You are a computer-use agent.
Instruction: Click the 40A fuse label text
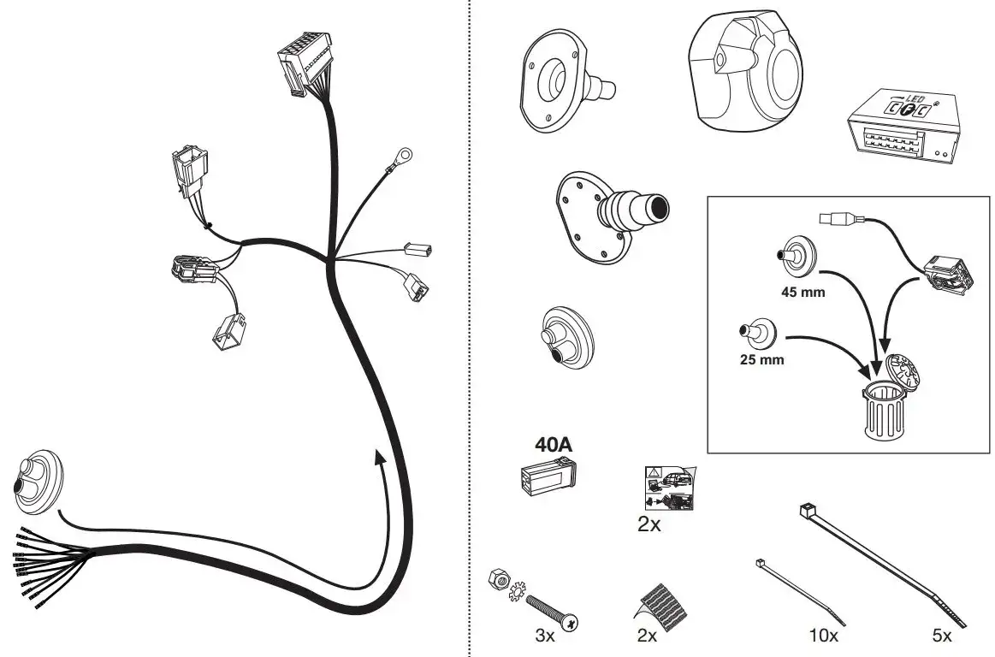coord(554,444)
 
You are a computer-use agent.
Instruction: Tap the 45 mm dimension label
coord(803,293)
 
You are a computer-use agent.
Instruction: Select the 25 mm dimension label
coord(761,360)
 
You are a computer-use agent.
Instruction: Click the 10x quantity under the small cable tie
coord(824,635)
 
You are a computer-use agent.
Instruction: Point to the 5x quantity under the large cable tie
coord(942,635)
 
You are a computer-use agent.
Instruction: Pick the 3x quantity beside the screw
coord(544,635)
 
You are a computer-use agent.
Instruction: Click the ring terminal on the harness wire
coord(402,154)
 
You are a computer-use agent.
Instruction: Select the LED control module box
coord(903,127)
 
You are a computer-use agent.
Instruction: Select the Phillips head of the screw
coord(572,623)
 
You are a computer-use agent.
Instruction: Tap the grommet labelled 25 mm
coord(758,332)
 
